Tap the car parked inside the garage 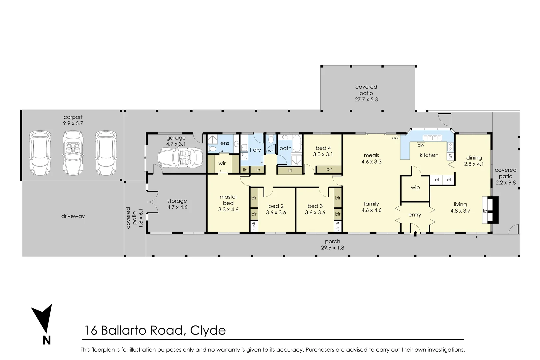click(180, 158)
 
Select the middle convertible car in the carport click(73, 152)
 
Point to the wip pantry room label click(415, 187)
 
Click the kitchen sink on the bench click(432, 138)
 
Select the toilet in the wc click(271, 139)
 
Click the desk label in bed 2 click(254, 227)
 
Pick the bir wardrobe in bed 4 click(329, 169)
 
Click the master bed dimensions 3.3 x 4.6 click(228, 210)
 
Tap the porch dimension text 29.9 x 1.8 click(333, 248)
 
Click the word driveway click(73, 216)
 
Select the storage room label click(177, 201)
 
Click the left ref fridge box click(436, 180)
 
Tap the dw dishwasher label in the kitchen click(421, 145)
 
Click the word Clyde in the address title click(208, 330)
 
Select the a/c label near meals click(395, 138)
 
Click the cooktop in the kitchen click(450, 146)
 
